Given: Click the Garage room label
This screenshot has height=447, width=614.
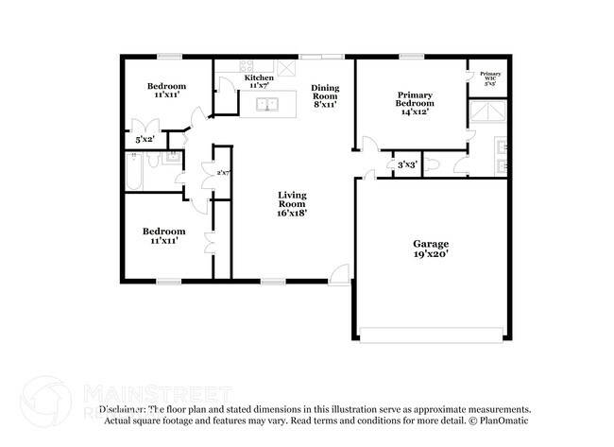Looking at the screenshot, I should (x=431, y=243).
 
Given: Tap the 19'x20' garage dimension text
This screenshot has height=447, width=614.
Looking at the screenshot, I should (x=431, y=253).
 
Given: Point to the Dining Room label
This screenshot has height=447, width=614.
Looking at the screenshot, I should (x=325, y=93).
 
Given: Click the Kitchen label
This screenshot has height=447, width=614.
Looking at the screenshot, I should (x=259, y=77).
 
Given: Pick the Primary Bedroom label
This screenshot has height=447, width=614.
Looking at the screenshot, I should (x=415, y=99).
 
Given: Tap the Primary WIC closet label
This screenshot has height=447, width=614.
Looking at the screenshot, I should (x=490, y=76).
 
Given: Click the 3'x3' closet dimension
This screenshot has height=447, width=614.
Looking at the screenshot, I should (x=407, y=165).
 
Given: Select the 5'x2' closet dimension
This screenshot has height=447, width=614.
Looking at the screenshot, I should (x=145, y=140).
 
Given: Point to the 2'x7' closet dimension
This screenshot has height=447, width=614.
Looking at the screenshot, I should (x=223, y=173).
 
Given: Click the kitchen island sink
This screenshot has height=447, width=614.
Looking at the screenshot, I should (x=267, y=104).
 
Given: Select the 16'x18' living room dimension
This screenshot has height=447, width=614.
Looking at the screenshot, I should (x=291, y=213).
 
